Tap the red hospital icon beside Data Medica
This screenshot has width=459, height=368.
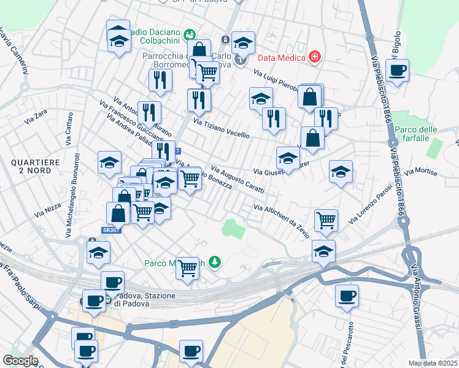click(x=315, y=57)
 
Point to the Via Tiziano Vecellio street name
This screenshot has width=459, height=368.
click(x=221, y=128)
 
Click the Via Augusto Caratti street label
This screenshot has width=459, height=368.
click(x=237, y=178)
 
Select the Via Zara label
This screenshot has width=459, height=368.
click(x=36, y=117)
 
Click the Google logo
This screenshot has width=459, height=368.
click(x=20, y=360)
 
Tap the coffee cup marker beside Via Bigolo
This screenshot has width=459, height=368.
click(x=398, y=70)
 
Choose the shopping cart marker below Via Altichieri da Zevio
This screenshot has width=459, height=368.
click(x=326, y=220)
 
